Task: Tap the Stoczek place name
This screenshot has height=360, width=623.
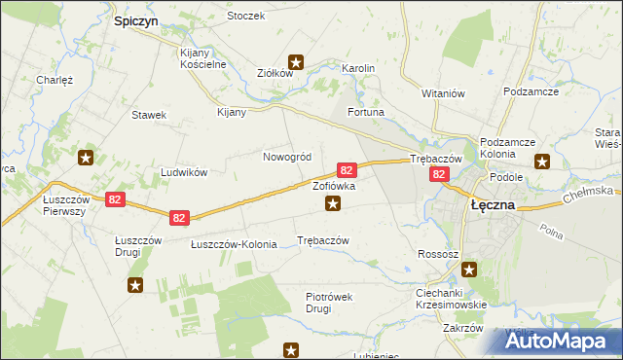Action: [245, 17]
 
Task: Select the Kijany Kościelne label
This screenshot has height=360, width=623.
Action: [203, 58]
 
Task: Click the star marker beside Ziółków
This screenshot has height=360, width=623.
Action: [297, 63]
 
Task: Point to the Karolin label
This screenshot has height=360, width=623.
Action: [358, 68]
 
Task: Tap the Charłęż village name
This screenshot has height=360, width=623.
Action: [55, 80]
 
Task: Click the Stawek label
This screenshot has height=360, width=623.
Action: [149, 115]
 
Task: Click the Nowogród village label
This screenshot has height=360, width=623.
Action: [287, 157]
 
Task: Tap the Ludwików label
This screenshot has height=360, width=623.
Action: [184, 172]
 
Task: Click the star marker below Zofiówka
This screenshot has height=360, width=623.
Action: [333, 203]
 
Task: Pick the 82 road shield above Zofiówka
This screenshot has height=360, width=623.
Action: [346, 168]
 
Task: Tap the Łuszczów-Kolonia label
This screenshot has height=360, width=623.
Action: [234, 244]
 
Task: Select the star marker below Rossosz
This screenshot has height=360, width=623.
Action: [470, 270]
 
